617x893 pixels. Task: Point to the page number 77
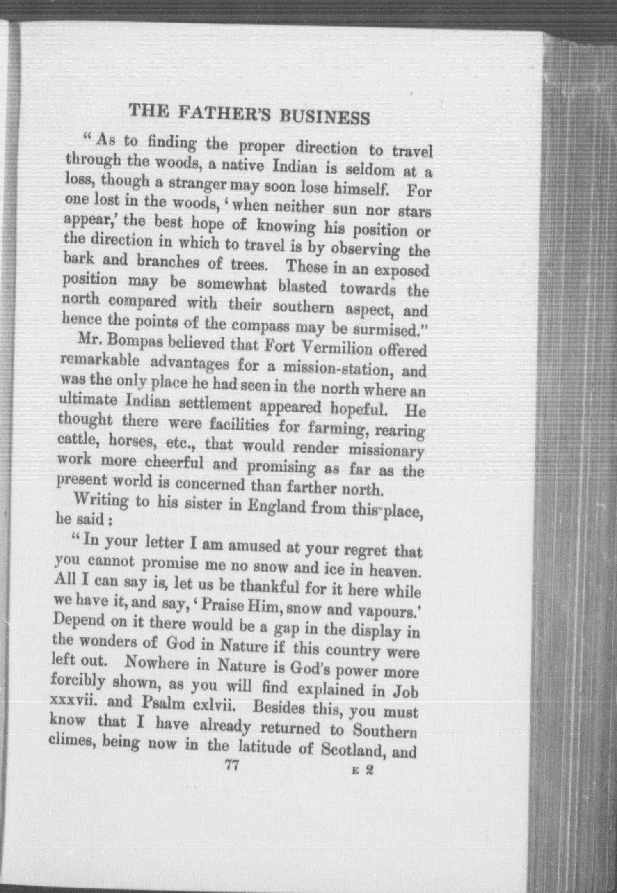point(232,766)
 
